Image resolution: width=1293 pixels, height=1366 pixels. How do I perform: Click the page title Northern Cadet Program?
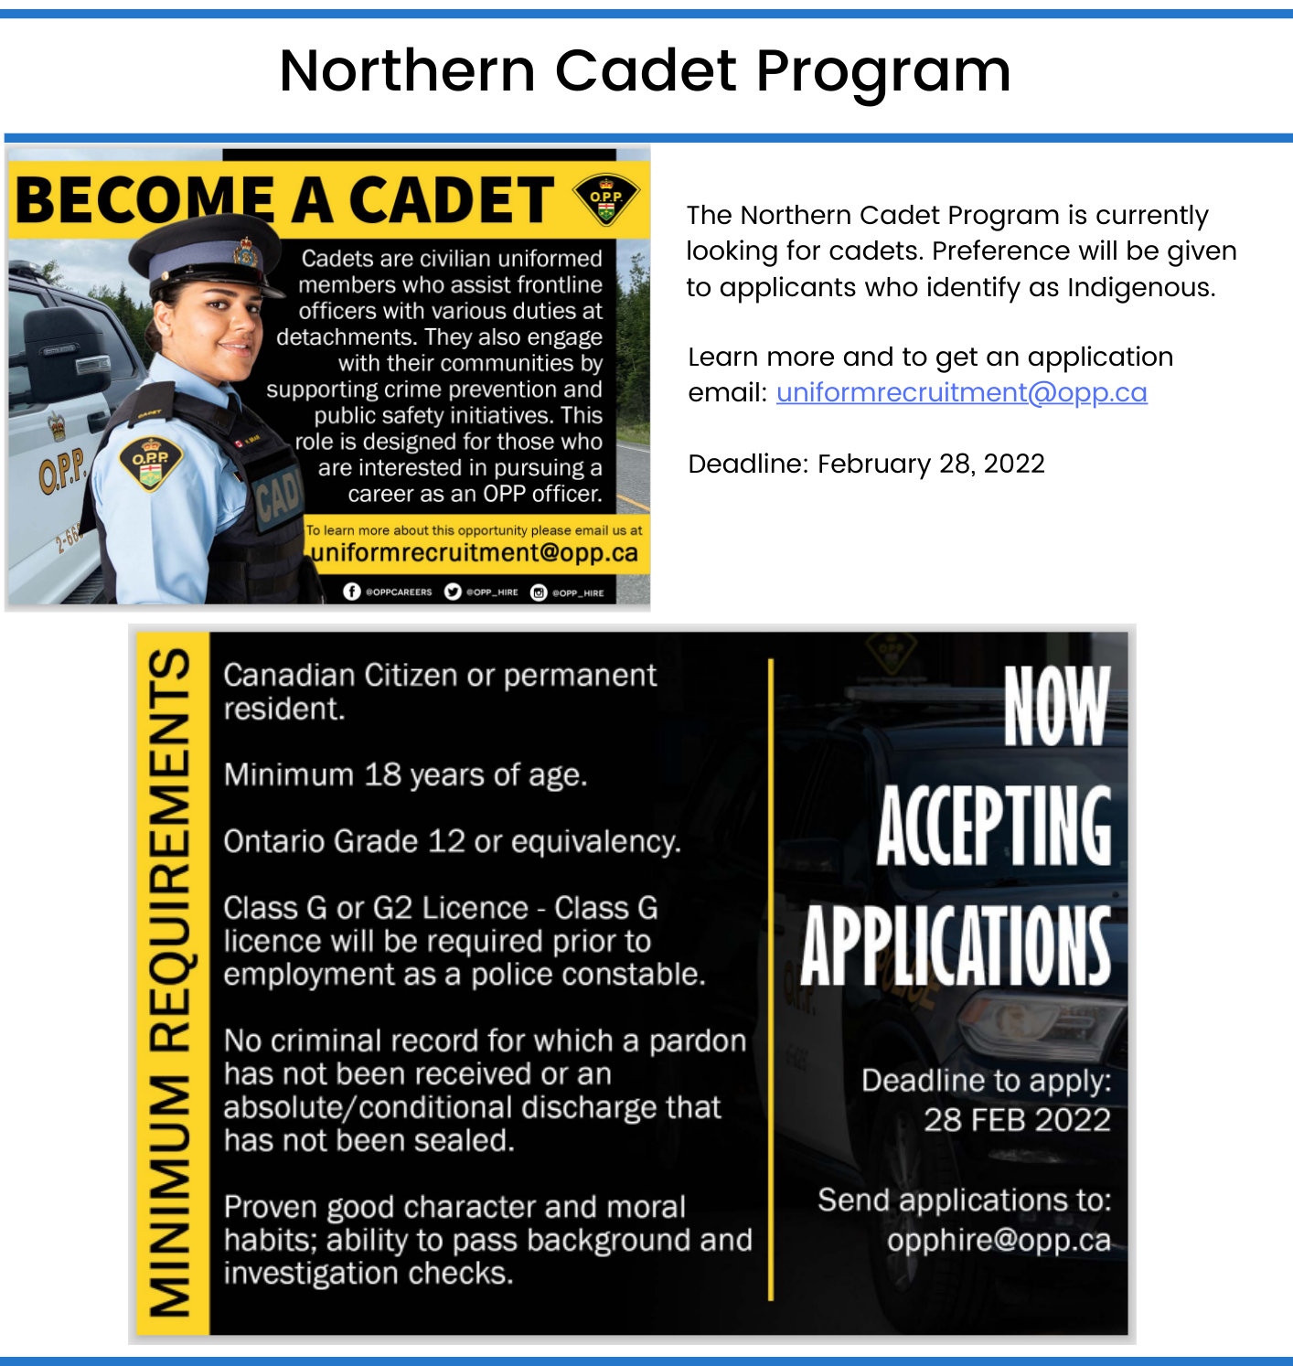[646, 71]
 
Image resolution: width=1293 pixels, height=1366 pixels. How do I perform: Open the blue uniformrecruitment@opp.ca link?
[961, 392]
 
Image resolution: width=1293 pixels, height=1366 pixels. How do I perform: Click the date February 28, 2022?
[931, 464]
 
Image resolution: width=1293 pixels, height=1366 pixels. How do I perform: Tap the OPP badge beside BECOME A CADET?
[605, 199]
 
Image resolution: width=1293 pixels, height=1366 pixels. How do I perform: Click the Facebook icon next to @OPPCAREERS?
[352, 592]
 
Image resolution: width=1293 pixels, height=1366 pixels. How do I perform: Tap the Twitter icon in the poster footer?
[453, 592]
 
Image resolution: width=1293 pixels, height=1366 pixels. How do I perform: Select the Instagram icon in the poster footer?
[539, 592]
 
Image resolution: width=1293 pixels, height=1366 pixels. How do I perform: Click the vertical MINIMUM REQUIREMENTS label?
[172, 983]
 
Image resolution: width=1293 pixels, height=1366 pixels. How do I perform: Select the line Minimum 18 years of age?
[405, 775]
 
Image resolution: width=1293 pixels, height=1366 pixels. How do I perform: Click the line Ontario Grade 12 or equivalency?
[452, 841]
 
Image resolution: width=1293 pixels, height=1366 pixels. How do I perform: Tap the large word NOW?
[1056, 705]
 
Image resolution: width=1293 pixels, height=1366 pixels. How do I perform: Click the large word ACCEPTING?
[994, 826]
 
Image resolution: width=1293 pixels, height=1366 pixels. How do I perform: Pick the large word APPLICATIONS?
[956, 946]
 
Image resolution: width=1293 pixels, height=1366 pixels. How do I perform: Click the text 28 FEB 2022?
[1017, 1120]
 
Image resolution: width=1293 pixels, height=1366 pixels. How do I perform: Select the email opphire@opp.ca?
[999, 1240]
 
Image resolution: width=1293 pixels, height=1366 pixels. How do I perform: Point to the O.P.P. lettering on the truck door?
[61, 471]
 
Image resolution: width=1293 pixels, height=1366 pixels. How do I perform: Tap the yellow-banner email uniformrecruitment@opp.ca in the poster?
[475, 553]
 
